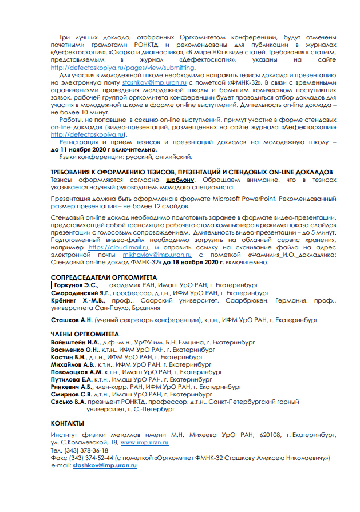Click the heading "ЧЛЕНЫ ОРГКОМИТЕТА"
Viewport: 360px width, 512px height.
(x=85, y=334)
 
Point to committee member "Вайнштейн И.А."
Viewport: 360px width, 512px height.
(x=76, y=342)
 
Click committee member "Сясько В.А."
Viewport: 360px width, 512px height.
(x=69, y=402)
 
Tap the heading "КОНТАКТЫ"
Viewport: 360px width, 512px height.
(x=68, y=423)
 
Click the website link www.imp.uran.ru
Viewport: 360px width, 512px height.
(x=144, y=443)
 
